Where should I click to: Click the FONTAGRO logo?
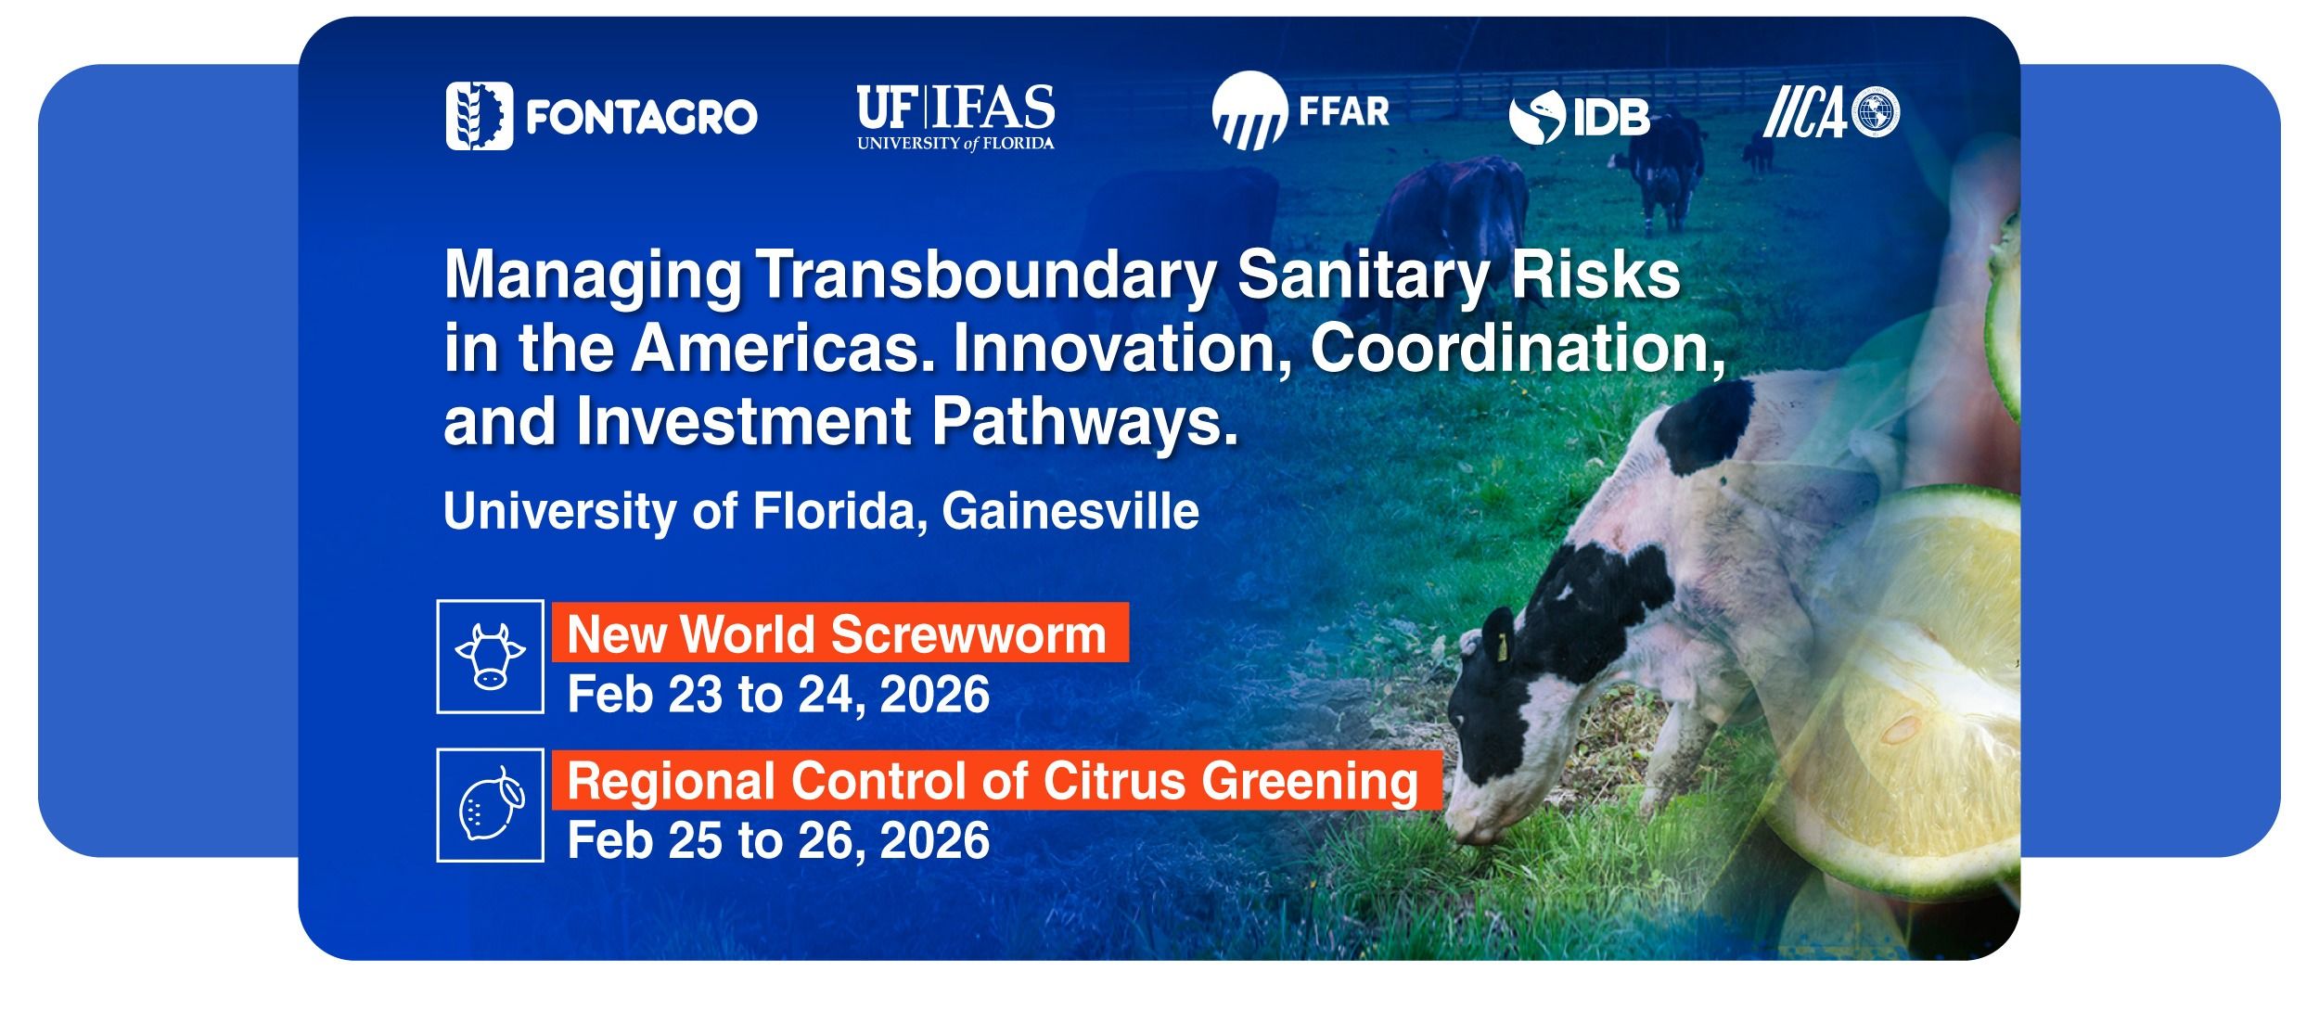[601, 116]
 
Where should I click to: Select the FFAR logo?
[1300, 110]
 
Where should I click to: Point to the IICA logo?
[1831, 113]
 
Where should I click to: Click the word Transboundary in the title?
[987, 276]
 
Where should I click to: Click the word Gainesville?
[1070, 511]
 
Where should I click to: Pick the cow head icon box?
[491, 657]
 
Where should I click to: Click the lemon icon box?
[491, 805]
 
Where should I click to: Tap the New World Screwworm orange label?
[840, 633]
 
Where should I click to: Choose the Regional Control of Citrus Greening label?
[997, 781]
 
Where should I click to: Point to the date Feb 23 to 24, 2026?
[778, 695]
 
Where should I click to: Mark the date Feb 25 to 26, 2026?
[778, 840]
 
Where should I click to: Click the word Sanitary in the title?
[1363, 276]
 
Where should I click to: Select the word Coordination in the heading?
[1518, 348]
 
